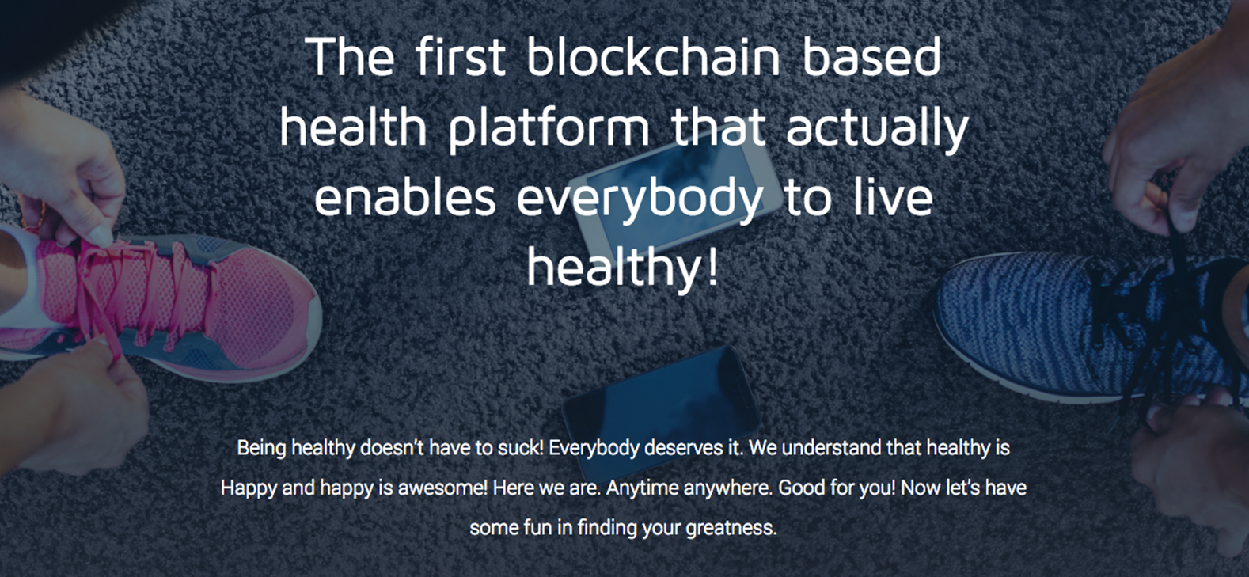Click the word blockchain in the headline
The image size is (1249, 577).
[x=653, y=56]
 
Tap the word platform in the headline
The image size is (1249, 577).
[x=549, y=129]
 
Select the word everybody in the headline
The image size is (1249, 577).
[x=640, y=201]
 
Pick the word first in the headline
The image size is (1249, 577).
[x=461, y=56]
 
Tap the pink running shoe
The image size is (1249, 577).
[x=161, y=304]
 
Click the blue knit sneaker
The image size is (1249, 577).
[x=1088, y=329]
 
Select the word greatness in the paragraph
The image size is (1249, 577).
[x=731, y=528]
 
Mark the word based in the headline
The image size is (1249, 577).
[x=872, y=56]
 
